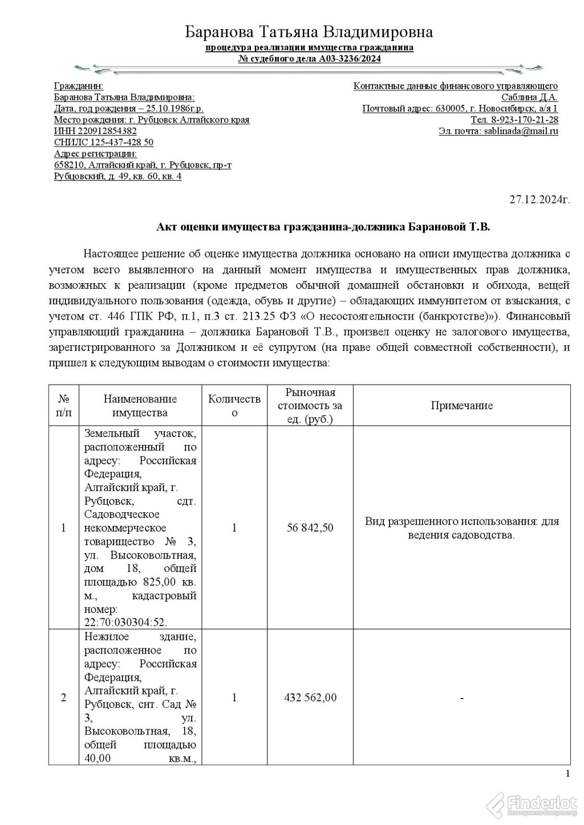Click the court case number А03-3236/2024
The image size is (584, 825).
coord(350,59)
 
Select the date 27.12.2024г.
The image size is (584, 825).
coord(540,199)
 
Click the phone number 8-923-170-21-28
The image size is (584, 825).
coord(524,120)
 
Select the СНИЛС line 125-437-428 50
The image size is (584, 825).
coord(103,142)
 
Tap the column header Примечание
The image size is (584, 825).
coord(461,406)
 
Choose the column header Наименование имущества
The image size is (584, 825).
coord(140,406)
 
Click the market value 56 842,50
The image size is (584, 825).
coord(310,528)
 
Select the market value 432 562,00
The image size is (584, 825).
coord(310,698)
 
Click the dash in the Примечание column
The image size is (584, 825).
coord(461,698)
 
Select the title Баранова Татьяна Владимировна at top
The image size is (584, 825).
coord(309,32)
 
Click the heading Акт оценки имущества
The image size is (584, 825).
coord(323,227)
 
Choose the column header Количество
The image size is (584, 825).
coord(234,406)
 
